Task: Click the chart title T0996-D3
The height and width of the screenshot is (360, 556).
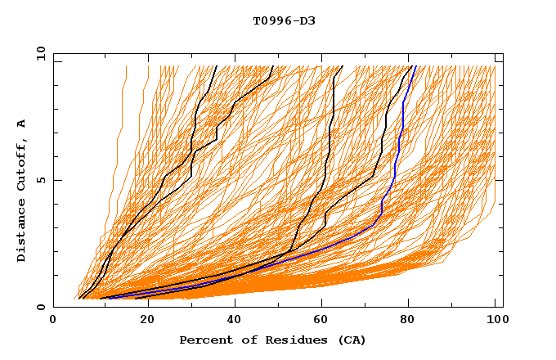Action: [284, 20]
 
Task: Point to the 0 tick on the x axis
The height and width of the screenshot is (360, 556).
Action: [53, 321]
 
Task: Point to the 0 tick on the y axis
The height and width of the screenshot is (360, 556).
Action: [41, 307]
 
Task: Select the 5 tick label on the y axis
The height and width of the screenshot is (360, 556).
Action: [41, 180]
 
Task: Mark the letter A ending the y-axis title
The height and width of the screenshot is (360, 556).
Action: [22, 124]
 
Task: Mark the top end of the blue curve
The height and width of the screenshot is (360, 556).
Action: [415, 66]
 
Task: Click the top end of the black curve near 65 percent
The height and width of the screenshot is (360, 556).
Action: [343, 66]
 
